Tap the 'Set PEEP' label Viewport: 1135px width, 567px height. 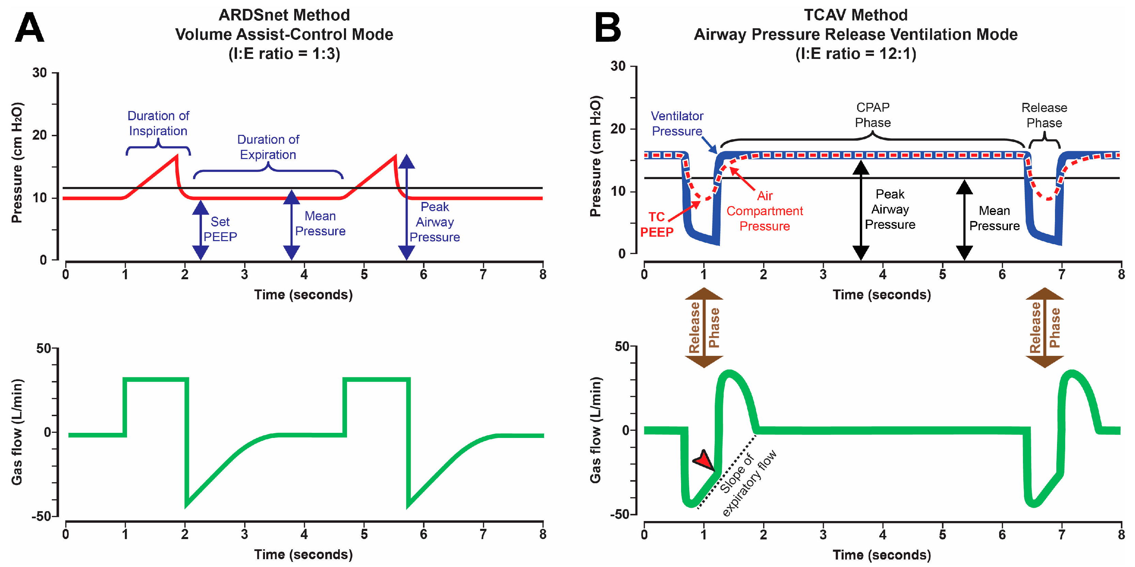(220, 229)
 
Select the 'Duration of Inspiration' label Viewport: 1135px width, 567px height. (158, 123)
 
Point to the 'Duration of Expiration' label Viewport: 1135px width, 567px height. (268, 147)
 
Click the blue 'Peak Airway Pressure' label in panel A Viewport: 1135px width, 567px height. (435, 222)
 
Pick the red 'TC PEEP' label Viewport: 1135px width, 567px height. (657, 224)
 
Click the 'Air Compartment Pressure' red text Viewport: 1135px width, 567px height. (764, 211)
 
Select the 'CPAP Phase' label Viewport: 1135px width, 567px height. (872, 115)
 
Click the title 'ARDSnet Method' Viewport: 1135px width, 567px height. (284, 15)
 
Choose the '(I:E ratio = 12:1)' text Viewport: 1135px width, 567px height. (856, 54)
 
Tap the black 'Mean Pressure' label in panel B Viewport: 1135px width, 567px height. (994, 218)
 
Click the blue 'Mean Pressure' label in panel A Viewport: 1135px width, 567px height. (320, 223)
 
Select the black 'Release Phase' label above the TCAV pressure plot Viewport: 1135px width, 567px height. (1044, 115)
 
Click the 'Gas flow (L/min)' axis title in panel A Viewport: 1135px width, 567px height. (17, 432)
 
